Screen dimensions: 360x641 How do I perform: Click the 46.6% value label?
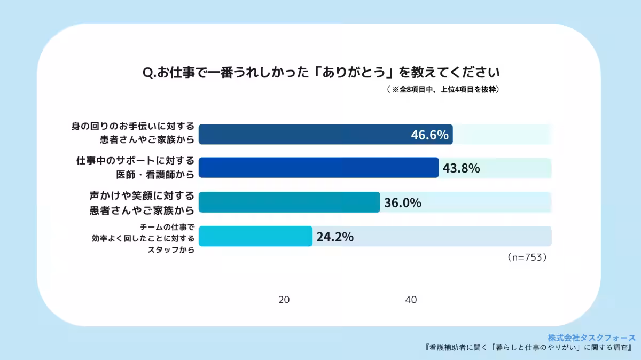(429, 135)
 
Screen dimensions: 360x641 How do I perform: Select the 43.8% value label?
(461, 168)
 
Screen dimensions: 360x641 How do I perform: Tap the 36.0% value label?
(402, 202)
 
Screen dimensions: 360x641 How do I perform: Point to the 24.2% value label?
(334, 237)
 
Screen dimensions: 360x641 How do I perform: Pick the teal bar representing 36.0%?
(289, 202)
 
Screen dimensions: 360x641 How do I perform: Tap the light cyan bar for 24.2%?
(255, 237)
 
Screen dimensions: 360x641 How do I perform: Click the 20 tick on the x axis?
(284, 300)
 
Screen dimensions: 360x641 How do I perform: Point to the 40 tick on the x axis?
(411, 300)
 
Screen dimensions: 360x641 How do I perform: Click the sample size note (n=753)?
(527, 257)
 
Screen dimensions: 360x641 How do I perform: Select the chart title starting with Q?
(321, 72)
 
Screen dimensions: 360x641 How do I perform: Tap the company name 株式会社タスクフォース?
(591, 338)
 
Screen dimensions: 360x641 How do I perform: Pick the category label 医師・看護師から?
(154, 174)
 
